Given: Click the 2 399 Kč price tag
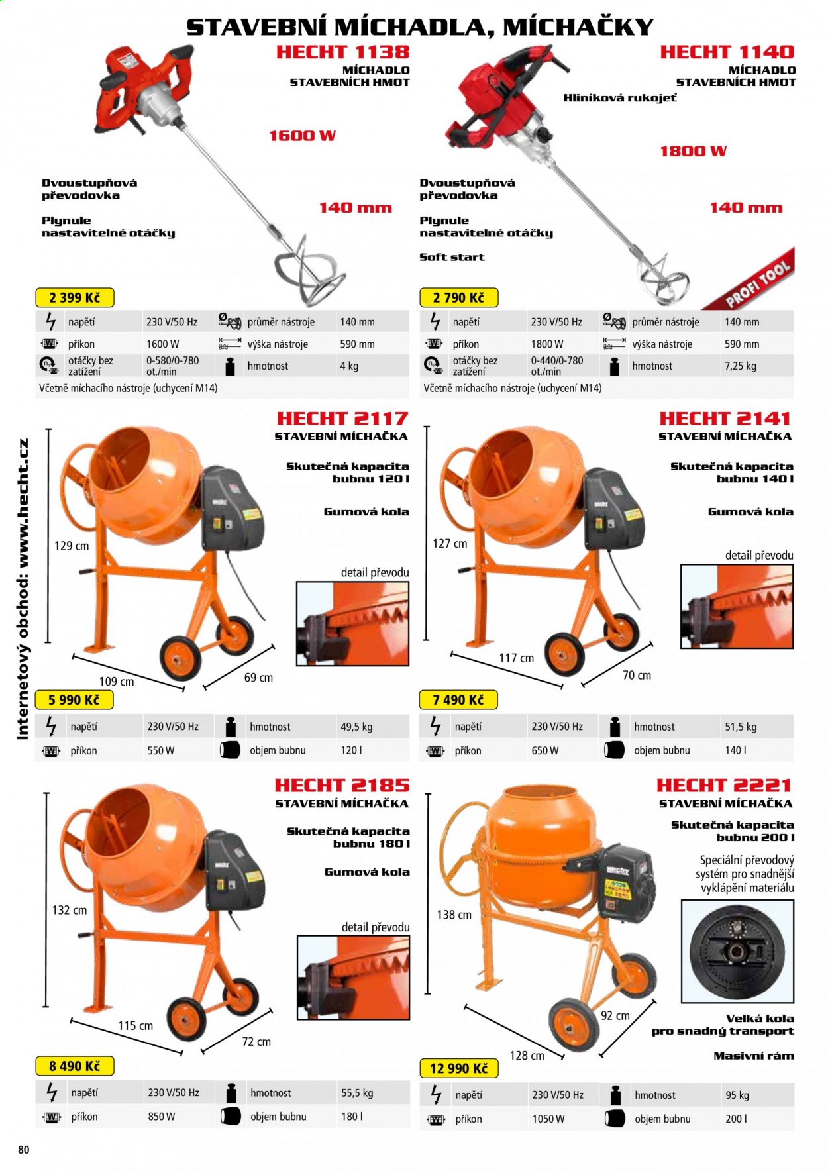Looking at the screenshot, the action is [74, 297].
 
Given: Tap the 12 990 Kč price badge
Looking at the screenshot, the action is [458, 1068].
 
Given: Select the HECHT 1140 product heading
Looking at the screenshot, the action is [727, 52].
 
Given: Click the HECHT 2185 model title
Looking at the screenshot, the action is [342, 785].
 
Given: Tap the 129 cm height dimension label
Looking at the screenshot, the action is [72, 546].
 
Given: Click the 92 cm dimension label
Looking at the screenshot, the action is [615, 1015].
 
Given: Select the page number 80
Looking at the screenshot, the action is [24, 1150].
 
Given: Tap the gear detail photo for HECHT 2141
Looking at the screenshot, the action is [737, 606].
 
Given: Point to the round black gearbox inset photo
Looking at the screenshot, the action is [737, 951].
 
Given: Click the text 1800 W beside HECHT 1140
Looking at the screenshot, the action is [693, 151].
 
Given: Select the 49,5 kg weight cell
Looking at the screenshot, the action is [356, 727].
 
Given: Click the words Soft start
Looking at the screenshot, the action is [452, 257].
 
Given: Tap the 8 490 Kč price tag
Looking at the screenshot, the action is [74, 1066].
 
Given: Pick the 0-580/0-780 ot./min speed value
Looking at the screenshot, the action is [173, 366].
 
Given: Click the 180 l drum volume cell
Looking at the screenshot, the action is [352, 1116].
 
